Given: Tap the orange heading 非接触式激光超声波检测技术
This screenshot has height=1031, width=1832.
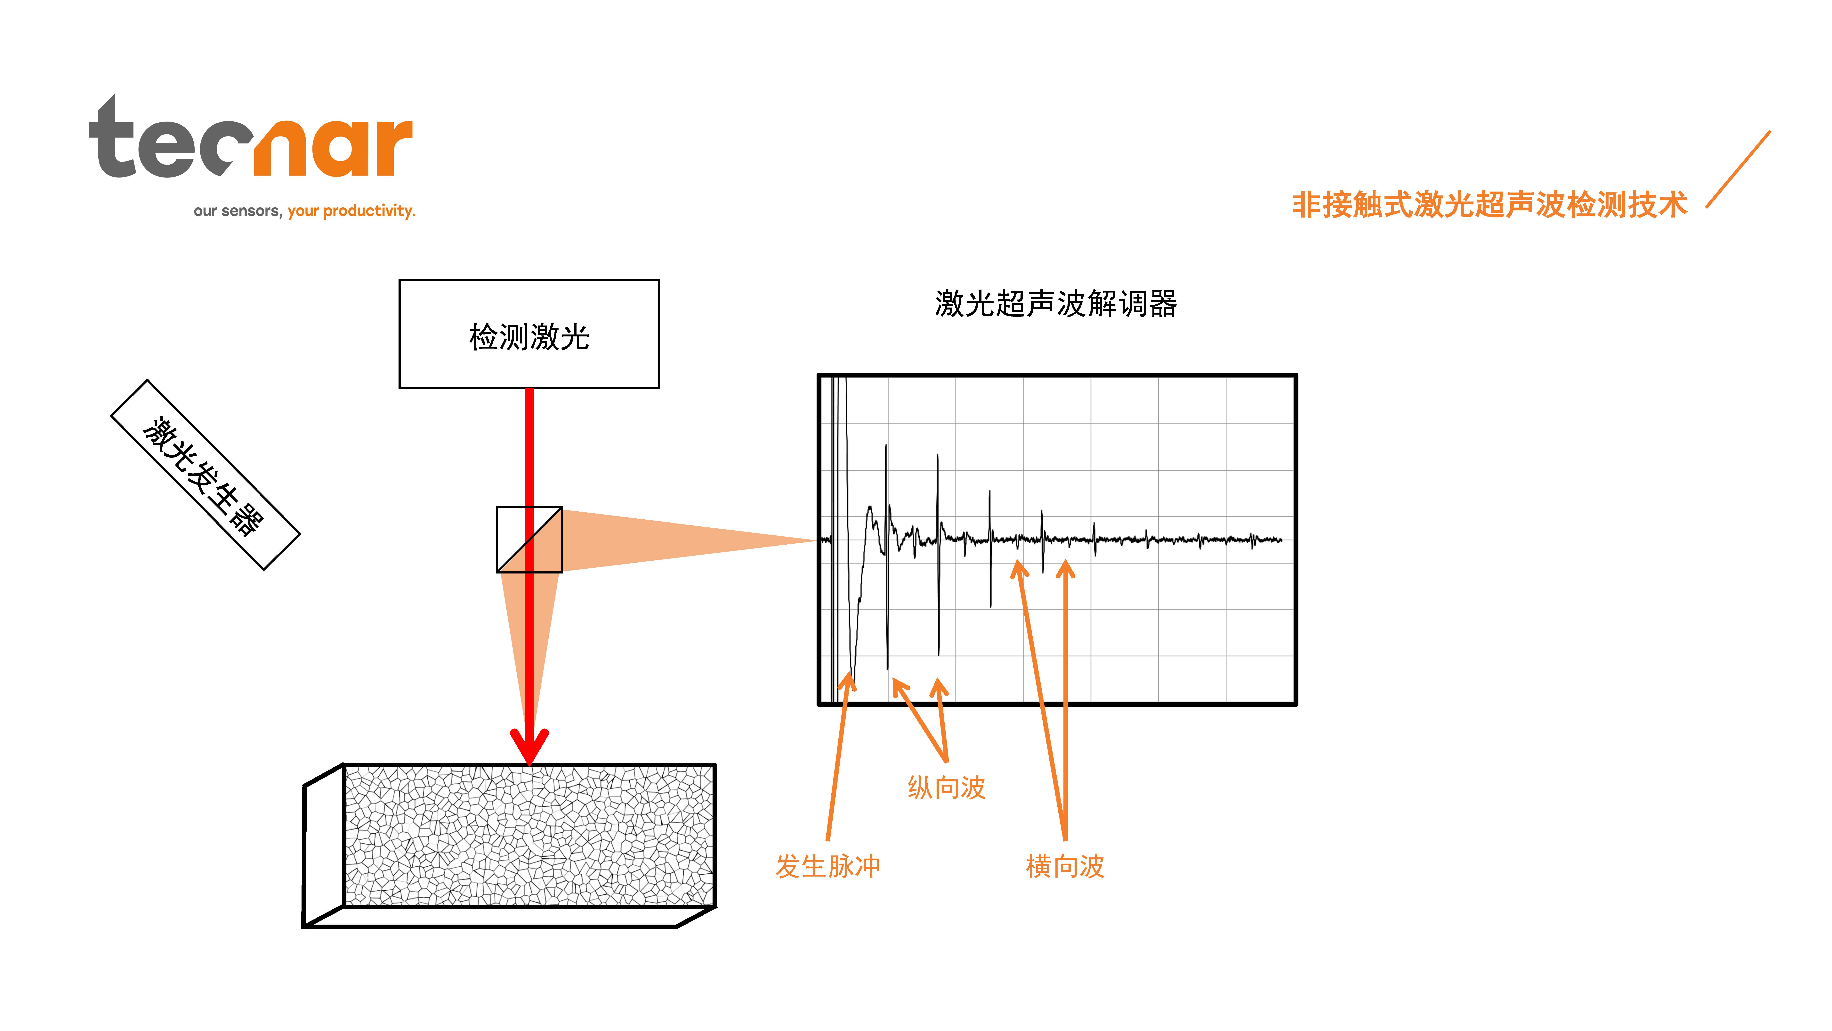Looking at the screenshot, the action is coord(1489,205).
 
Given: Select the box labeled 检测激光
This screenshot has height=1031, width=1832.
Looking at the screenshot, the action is coord(529,334).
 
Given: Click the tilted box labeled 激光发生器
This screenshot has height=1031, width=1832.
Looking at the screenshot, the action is coord(206,474).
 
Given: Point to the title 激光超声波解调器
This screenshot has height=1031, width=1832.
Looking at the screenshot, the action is coord(1056,304).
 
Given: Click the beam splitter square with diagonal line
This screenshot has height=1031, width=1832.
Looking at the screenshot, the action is coord(529,539).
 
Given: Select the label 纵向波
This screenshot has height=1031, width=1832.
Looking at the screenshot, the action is coord(947,788).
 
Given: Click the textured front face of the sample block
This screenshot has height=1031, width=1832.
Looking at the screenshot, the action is coord(529,835).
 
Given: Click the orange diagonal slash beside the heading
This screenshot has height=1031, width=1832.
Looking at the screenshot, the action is coord(1738,169).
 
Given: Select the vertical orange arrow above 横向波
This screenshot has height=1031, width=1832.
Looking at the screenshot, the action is coord(1065,701).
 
